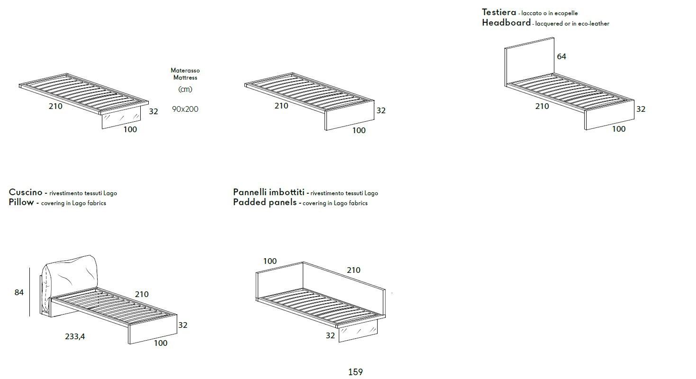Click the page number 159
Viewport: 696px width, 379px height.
(x=355, y=372)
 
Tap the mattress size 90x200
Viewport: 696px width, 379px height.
(x=185, y=109)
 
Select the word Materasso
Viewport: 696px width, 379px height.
(x=185, y=71)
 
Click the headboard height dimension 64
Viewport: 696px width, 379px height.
(x=561, y=56)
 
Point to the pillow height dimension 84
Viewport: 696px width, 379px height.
(x=19, y=292)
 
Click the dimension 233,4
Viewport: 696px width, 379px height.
(x=75, y=337)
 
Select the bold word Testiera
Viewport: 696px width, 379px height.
(x=499, y=12)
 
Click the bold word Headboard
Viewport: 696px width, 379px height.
(x=506, y=23)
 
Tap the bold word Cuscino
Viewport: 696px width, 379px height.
(x=26, y=192)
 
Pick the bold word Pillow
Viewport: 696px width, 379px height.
(x=21, y=202)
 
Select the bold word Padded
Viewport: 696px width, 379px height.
(x=248, y=202)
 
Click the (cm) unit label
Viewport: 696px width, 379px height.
(x=185, y=89)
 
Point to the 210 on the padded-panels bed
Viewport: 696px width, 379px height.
(x=353, y=270)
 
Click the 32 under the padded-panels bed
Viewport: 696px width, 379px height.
(x=330, y=335)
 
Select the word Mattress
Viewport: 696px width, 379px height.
(x=185, y=78)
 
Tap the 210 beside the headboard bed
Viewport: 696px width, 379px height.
(x=542, y=106)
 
